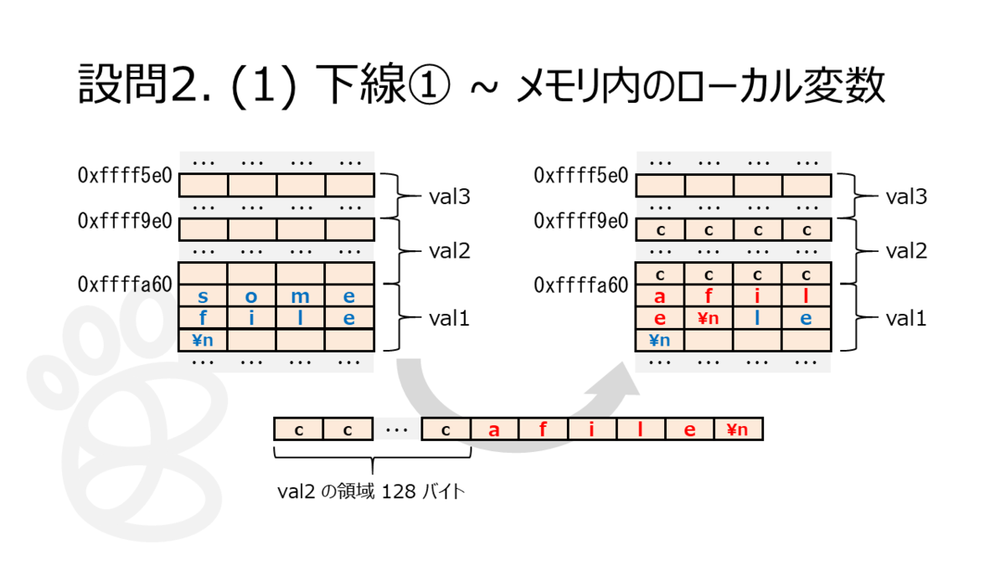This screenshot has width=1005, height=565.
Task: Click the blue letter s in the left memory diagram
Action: click(x=203, y=296)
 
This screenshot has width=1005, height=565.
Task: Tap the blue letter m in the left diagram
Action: click(x=300, y=296)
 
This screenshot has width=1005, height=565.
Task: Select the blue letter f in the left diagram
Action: click(x=203, y=318)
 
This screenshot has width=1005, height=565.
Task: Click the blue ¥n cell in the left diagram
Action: click(x=203, y=341)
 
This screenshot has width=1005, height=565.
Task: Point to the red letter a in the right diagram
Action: click(x=660, y=296)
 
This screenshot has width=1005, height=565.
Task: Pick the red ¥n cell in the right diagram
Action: click(x=709, y=318)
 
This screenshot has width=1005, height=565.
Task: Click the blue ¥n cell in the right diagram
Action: click(x=660, y=341)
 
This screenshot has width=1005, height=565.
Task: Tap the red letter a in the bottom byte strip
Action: click(x=494, y=429)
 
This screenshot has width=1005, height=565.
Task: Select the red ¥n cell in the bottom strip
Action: click(x=738, y=429)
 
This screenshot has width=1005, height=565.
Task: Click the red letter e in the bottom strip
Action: click(x=689, y=429)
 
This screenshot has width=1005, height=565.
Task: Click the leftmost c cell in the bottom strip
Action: click(x=299, y=429)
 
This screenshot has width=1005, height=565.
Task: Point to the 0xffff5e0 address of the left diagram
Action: click(x=125, y=175)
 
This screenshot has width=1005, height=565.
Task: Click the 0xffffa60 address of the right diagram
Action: click(x=581, y=285)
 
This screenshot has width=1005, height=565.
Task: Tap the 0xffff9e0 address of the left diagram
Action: click(x=125, y=221)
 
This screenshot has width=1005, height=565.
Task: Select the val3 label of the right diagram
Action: click(x=906, y=197)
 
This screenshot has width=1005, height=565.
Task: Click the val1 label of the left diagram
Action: click(x=449, y=318)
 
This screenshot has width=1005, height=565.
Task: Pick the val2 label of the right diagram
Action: click(x=906, y=250)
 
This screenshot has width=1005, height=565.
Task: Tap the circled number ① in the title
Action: click(x=429, y=85)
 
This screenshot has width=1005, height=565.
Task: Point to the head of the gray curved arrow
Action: click(x=617, y=380)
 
